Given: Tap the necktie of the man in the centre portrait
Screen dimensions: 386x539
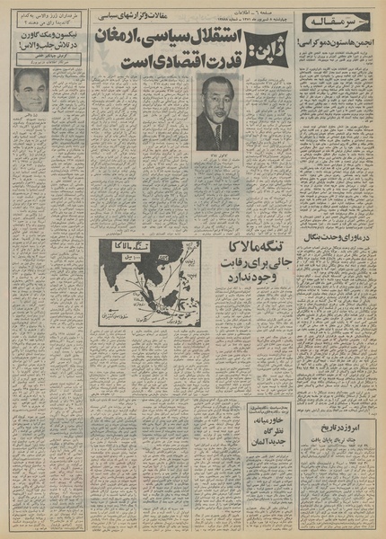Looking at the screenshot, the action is [217, 135].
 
